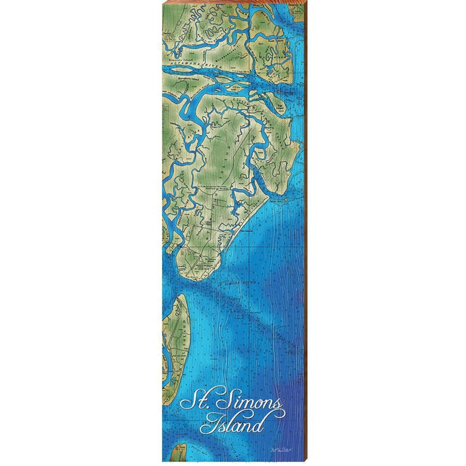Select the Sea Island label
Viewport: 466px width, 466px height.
point(246,232)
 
